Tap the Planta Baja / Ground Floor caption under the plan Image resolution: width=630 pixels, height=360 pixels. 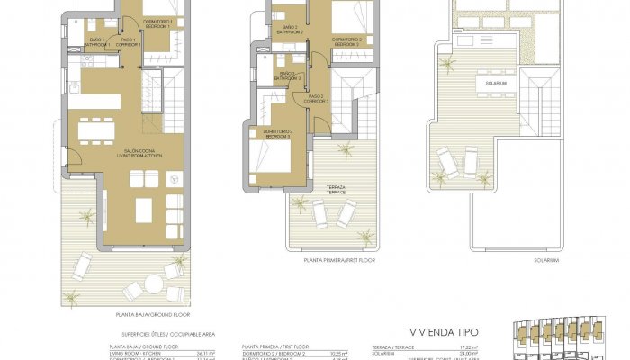click(x=139, y=315)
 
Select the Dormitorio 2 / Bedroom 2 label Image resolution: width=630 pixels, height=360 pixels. click(x=347, y=41)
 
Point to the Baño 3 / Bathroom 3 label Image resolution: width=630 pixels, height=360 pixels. click(x=288, y=76)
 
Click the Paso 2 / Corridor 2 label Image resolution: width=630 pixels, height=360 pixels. click(x=317, y=99)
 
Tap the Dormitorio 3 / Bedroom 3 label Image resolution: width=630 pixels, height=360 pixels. click(x=276, y=134)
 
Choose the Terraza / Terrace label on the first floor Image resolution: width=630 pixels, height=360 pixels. click(x=336, y=190)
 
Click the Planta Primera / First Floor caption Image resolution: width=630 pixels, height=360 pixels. click(x=340, y=260)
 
